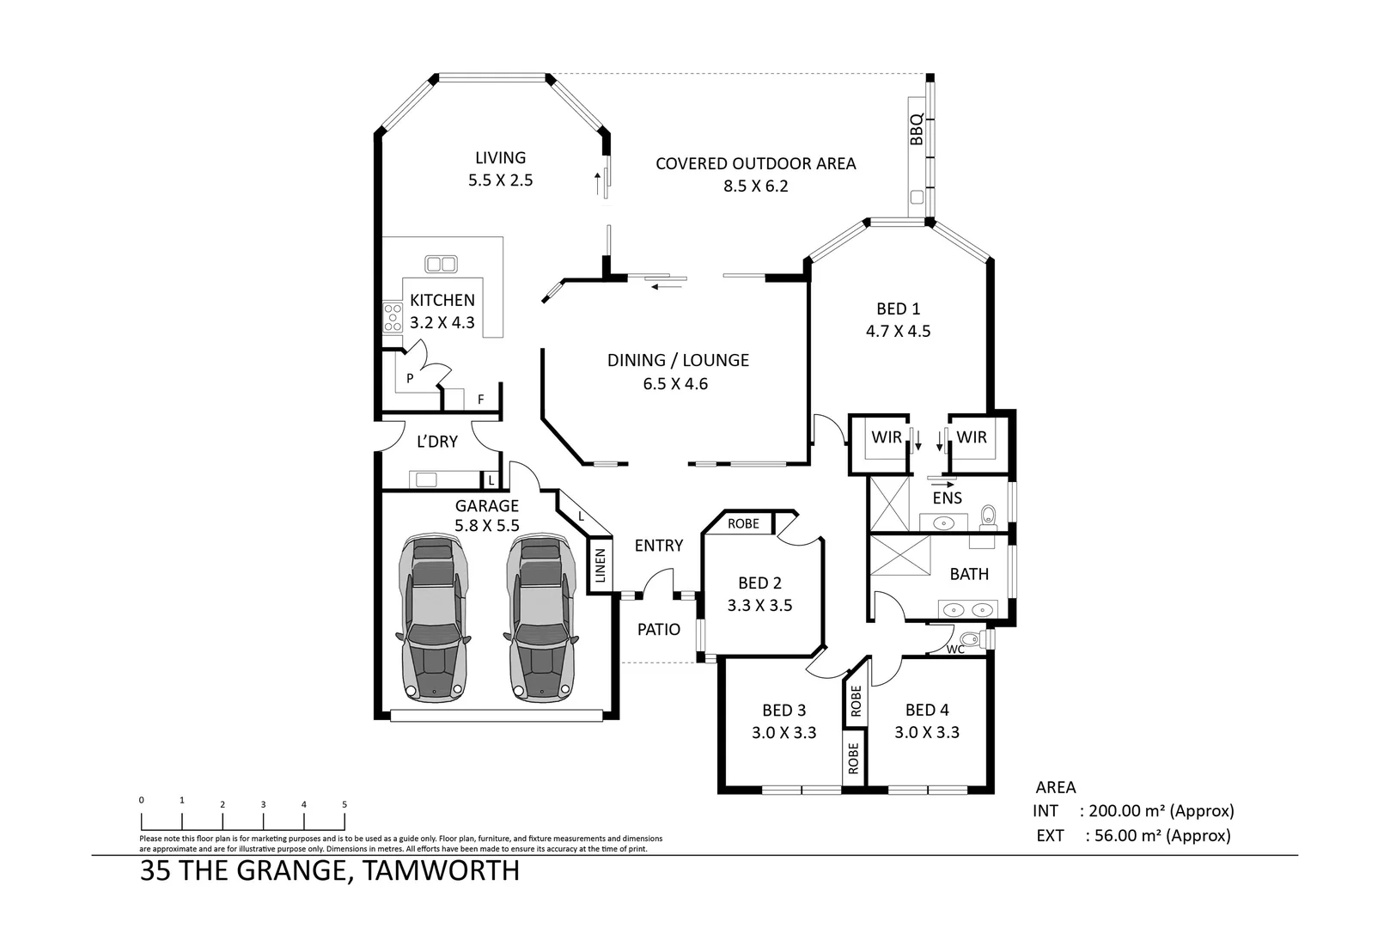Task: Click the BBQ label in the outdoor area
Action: (917, 129)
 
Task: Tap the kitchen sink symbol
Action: (441, 264)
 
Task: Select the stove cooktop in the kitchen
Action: (393, 317)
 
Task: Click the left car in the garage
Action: (434, 616)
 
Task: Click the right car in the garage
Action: (541, 616)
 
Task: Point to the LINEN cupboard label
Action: (601, 565)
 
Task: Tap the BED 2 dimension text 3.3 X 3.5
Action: (759, 605)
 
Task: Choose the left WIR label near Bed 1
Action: (886, 437)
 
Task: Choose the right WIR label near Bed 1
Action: (972, 437)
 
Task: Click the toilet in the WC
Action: (971, 639)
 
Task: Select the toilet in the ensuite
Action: (988, 515)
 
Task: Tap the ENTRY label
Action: (659, 546)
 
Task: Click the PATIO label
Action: (659, 629)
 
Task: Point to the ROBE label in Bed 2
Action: (743, 523)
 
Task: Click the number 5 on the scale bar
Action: (344, 804)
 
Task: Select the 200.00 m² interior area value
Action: (1128, 810)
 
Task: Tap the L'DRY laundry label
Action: (436, 442)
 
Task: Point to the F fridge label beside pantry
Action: (481, 400)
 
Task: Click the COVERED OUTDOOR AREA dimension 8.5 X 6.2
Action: (755, 186)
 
